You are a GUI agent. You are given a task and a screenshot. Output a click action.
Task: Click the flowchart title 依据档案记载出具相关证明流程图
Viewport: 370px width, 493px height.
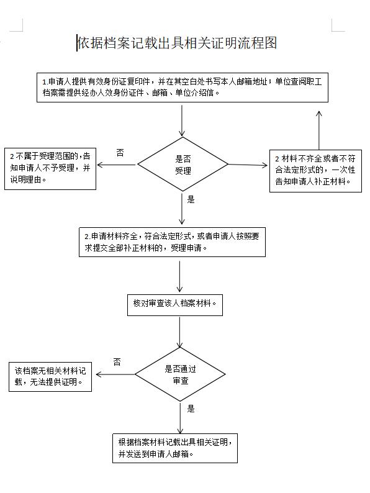pyautogui.click(x=177, y=43)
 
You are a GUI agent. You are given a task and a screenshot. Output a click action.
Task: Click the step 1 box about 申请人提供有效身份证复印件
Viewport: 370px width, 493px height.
pyautogui.click(x=183, y=88)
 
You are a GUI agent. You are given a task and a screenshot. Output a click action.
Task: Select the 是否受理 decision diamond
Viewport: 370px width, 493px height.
pyautogui.click(x=183, y=164)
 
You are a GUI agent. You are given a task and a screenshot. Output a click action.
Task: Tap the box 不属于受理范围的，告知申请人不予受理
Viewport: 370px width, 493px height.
pyautogui.click(x=50, y=169)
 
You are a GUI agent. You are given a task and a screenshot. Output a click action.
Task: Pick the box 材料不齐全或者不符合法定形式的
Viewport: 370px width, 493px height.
pyautogui.click(x=315, y=171)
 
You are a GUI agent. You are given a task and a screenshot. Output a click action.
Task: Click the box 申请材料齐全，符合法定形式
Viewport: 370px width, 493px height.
pyautogui.click(x=172, y=242)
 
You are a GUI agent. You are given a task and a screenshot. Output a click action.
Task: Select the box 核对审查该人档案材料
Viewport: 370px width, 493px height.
pyautogui.click(x=175, y=305)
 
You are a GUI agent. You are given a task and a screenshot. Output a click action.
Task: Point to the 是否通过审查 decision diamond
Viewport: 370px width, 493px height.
pyautogui.click(x=180, y=374)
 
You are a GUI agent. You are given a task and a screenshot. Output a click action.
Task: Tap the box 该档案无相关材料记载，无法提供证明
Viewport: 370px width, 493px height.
pyautogui.click(x=50, y=377)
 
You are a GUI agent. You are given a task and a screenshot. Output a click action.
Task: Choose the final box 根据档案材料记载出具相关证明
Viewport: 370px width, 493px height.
pyautogui.click(x=175, y=448)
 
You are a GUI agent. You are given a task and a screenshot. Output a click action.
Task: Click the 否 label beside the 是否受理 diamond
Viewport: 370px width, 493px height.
pyautogui.click(x=120, y=153)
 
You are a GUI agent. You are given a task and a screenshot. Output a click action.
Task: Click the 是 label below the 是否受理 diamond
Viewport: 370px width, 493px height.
pyautogui.click(x=191, y=199)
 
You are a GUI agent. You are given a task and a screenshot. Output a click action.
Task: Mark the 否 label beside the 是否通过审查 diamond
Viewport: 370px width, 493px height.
pyautogui.click(x=117, y=362)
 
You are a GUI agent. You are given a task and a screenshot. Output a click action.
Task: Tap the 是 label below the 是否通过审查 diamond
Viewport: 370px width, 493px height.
pyautogui.click(x=191, y=409)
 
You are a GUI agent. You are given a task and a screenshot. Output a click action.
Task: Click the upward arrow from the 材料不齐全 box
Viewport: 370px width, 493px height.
pyautogui.click(x=319, y=130)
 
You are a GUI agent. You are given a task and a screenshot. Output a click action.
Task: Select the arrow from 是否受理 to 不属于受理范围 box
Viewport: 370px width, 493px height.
pyautogui.click(x=116, y=165)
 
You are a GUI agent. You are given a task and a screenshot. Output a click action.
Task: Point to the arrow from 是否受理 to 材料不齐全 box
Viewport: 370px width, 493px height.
pyautogui.click(x=248, y=165)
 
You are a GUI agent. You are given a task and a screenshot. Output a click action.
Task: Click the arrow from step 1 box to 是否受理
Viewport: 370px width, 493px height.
pyautogui.click(x=182, y=120)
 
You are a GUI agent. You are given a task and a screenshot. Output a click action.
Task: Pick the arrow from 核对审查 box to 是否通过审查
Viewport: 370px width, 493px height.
pyautogui.click(x=180, y=332)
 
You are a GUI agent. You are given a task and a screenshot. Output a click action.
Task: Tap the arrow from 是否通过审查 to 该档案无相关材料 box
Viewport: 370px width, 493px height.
pyautogui.click(x=115, y=374)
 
